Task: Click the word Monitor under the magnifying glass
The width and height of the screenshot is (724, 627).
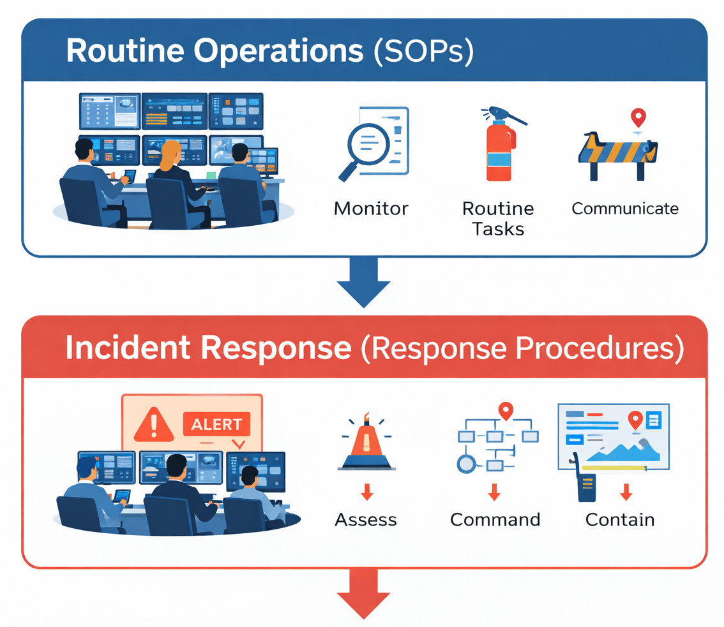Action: coord(371,209)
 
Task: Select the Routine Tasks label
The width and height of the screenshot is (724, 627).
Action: coord(498,218)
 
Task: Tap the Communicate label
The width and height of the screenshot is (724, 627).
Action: coord(625,209)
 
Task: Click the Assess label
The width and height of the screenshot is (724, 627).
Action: coord(366,519)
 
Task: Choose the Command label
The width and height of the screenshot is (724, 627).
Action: coord(495,519)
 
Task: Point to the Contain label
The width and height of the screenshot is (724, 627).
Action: coord(620,519)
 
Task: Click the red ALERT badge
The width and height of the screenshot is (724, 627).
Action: coord(216,424)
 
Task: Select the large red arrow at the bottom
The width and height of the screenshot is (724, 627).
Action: coord(363,594)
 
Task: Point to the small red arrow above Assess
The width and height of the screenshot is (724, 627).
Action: coord(366,491)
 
